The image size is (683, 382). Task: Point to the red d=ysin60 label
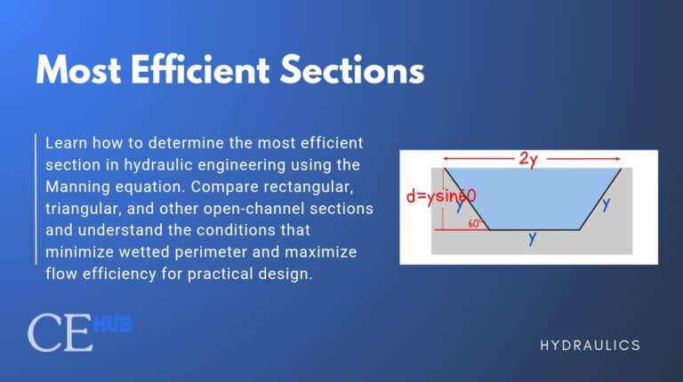(x=440, y=196)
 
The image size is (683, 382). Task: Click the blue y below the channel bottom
(x=532, y=239)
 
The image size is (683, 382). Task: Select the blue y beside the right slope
(x=606, y=203)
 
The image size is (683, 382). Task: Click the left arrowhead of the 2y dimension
(x=446, y=160)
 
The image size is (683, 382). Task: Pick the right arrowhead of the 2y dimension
(x=619, y=160)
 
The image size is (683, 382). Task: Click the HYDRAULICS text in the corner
(x=590, y=345)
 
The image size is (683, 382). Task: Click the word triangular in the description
(x=80, y=209)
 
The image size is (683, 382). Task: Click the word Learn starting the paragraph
(x=66, y=143)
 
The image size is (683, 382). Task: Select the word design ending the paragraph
(x=287, y=275)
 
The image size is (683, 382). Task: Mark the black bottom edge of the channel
(x=534, y=230)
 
